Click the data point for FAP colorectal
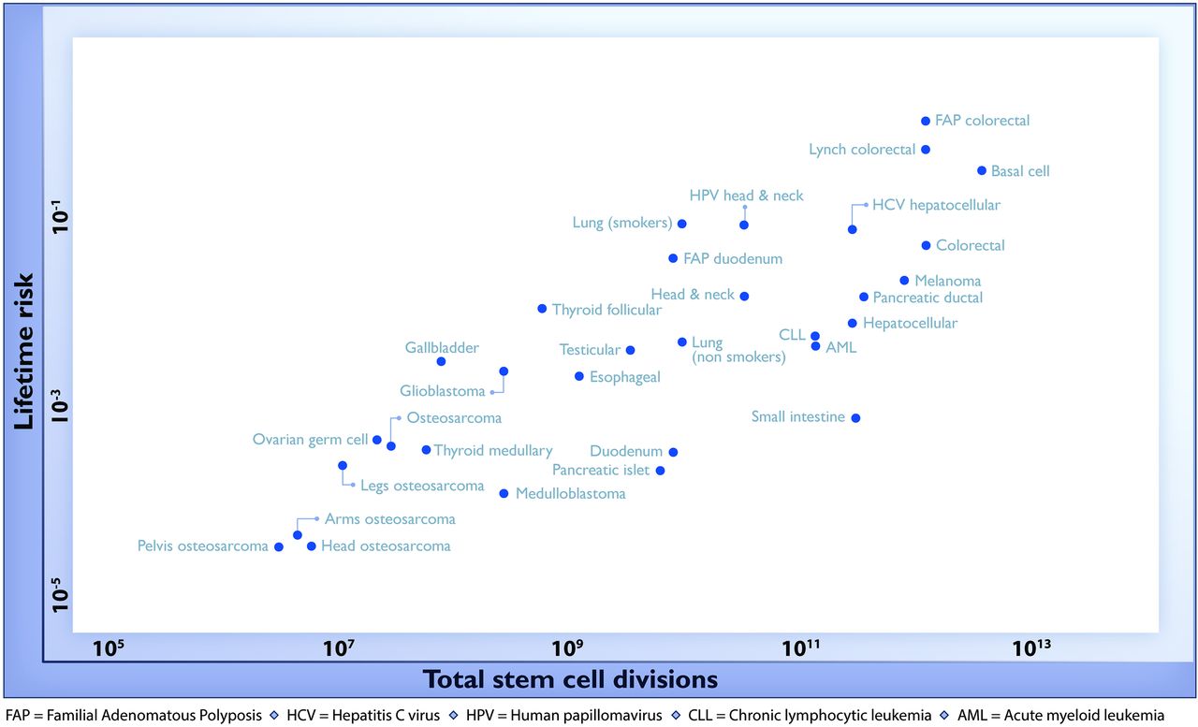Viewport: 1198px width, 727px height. [x=926, y=121]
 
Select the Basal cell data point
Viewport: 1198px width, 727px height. [x=982, y=170]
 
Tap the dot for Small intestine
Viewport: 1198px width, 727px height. [x=855, y=418]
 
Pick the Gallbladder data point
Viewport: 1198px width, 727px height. [x=441, y=361]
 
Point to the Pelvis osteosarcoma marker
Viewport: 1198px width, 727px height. [x=278, y=546]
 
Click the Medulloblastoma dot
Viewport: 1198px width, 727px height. [x=504, y=493]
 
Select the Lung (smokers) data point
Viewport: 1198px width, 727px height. [x=681, y=224]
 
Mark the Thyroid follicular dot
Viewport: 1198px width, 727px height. [x=542, y=309]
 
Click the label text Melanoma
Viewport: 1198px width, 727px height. [x=947, y=281]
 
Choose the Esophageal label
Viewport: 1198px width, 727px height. [x=624, y=377]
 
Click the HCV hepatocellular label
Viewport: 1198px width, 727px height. [x=936, y=205]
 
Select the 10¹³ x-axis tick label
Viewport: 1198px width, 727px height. [x=1032, y=647]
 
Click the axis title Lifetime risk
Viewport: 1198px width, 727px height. [x=25, y=351]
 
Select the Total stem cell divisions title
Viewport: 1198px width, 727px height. [x=570, y=678]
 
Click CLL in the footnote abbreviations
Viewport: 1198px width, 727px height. [x=831, y=715]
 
